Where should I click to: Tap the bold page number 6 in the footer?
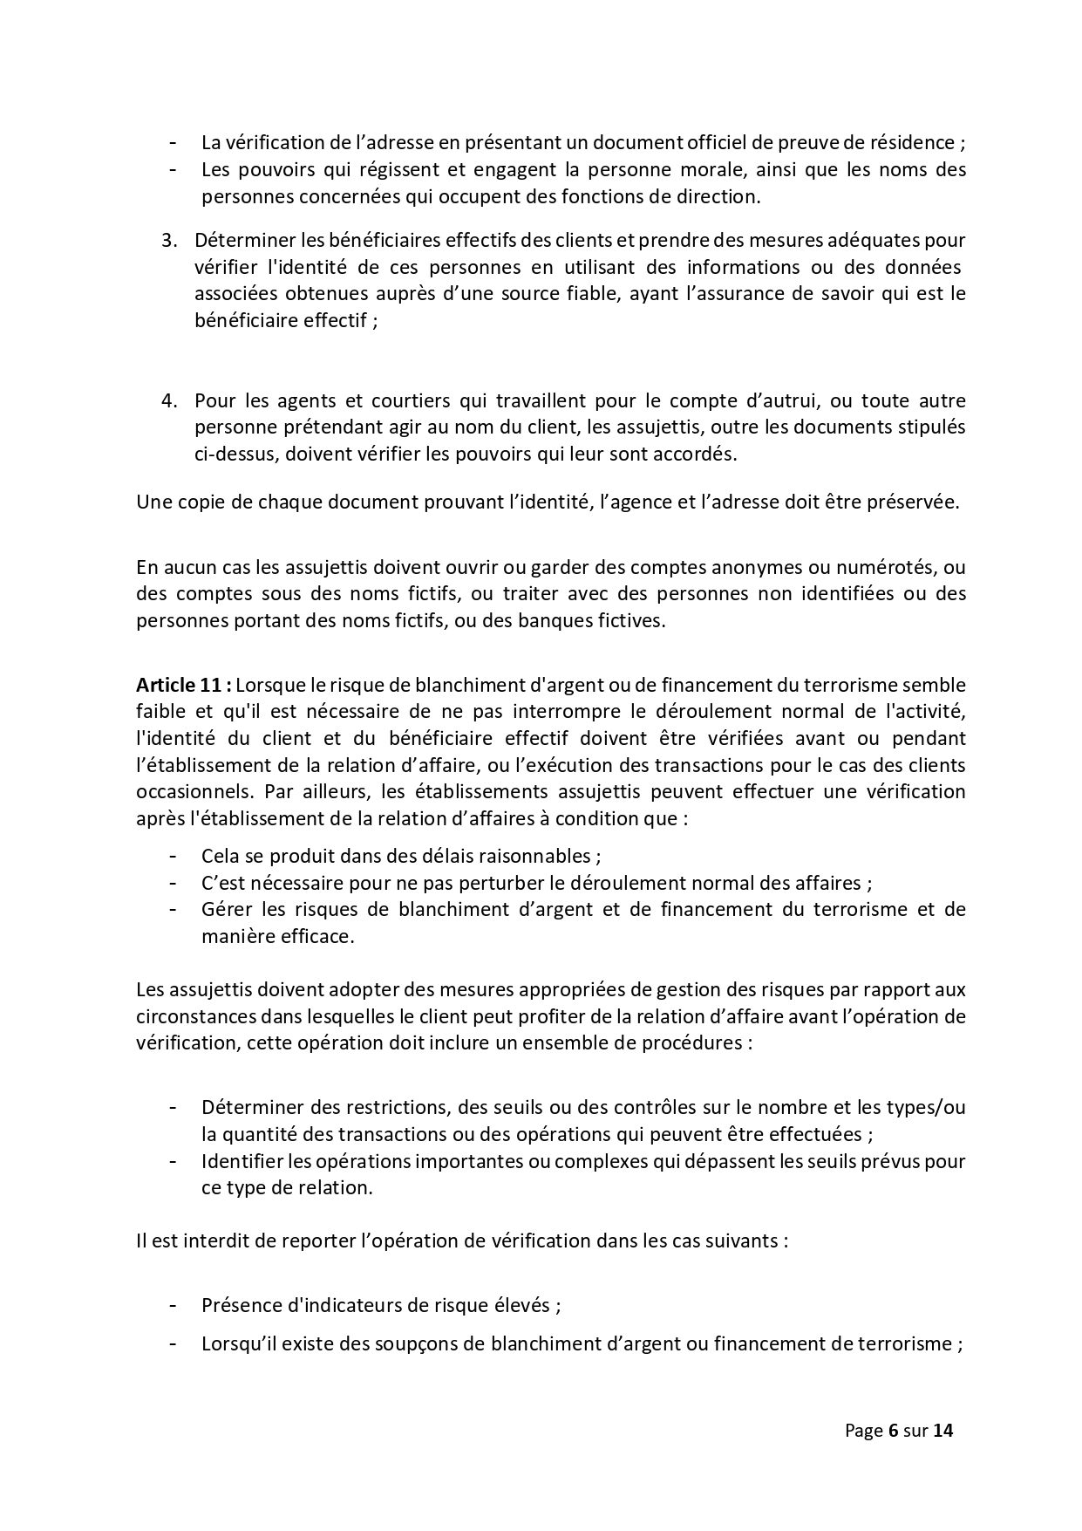point(893,1430)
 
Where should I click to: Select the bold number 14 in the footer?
point(942,1430)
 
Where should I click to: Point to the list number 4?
point(168,400)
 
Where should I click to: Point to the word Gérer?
point(225,909)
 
